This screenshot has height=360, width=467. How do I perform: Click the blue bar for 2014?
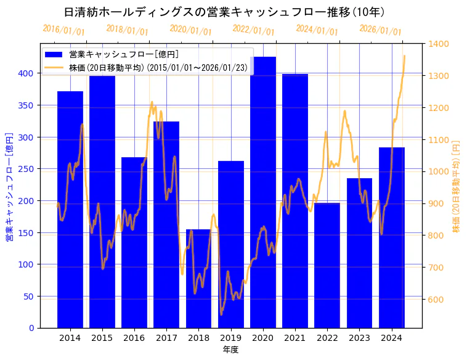(x=70, y=210)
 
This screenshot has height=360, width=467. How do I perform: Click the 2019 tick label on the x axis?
(x=231, y=337)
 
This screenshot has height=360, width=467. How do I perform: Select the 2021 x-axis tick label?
(x=295, y=337)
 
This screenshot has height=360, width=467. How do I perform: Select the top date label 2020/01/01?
(x=190, y=30)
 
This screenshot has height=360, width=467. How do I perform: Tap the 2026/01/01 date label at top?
(x=380, y=30)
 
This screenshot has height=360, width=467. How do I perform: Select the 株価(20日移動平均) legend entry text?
(x=159, y=67)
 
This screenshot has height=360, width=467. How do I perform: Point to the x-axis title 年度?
(x=230, y=349)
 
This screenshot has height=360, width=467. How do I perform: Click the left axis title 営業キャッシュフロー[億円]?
(x=9, y=186)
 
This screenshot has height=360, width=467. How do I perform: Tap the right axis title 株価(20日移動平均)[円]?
(x=457, y=186)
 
